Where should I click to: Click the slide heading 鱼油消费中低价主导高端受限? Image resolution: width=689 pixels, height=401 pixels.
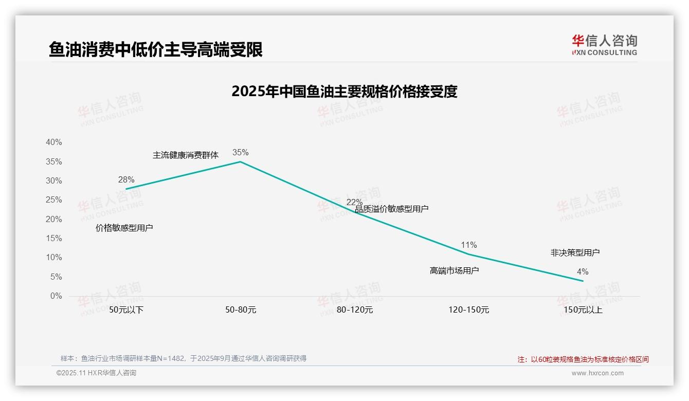(x=155, y=49)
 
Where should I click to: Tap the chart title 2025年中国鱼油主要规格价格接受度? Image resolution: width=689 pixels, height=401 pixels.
(x=344, y=92)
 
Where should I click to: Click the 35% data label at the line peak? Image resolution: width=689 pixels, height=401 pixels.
(x=240, y=152)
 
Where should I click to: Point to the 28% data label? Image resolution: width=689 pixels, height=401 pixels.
(x=126, y=179)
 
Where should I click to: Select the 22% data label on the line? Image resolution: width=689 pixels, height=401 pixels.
(x=354, y=202)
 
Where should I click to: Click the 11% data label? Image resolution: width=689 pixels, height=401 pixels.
(x=468, y=245)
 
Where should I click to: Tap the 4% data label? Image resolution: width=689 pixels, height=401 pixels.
(x=583, y=271)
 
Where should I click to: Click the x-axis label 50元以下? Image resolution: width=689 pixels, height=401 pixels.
(x=126, y=310)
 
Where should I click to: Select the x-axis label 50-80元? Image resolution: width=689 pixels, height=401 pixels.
(x=241, y=310)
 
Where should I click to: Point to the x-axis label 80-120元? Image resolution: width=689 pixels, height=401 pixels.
(x=355, y=310)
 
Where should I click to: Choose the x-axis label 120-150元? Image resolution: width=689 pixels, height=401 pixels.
(x=469, y=310)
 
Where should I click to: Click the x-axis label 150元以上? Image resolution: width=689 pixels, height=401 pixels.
(x=583, y=310)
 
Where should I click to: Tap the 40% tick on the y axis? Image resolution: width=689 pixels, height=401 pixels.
(x=53, y=142)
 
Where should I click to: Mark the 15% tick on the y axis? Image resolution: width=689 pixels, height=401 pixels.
(x=53, y=239)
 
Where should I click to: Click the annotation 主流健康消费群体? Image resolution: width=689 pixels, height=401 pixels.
(x=186, y=155)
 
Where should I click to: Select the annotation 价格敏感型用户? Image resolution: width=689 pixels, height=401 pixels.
(x=124, y=228)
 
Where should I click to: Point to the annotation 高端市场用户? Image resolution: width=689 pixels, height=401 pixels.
(x=454, y=270)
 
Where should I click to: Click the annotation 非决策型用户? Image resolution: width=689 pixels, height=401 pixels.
(x=575, y=252)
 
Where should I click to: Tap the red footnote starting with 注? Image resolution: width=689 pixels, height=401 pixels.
(x=583, y=359)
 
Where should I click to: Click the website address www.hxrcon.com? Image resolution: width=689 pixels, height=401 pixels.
(x=597, y=373)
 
